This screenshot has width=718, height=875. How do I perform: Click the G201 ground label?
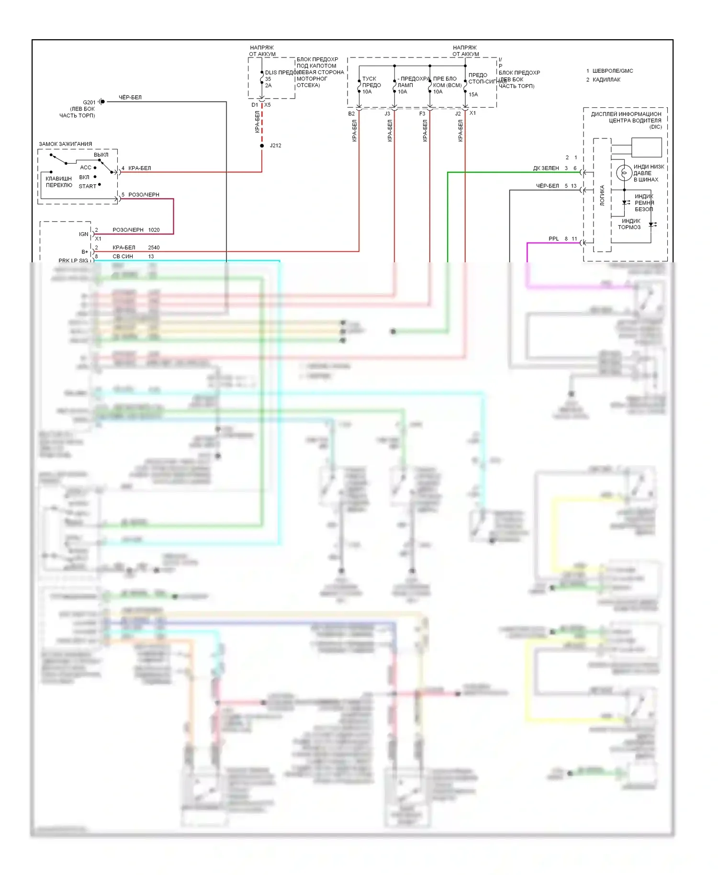pyautogui.click(x=89, y=102)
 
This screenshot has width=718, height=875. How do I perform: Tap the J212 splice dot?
pyautogui.click(x=262, y=146)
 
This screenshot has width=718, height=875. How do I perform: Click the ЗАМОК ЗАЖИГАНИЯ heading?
pyautogui.click(x=66, y=144)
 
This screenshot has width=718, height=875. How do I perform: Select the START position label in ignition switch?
pyautogui.click(x=87, y=186)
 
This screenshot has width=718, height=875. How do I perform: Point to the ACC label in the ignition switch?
pyautogui.click(x=86, y=168)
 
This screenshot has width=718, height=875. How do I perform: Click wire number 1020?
pyautogui.click(x=154, y=230)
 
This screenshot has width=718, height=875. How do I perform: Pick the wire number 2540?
pyautogui.click(x=154, y=247)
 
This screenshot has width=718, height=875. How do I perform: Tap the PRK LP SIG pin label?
pyautogui.click(x=73, y=260)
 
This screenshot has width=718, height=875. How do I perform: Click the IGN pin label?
pyautogui.click(x=83, y=234)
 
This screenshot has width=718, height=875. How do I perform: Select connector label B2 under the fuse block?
pyautogui.click(x=351, y=114)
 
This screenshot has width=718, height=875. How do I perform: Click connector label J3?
pyautogui.click(x=387, y=114)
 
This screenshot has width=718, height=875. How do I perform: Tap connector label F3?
pyautogui.click(x=422, y=114)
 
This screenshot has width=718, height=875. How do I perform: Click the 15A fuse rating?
pyautogui.click(x=473, y=95)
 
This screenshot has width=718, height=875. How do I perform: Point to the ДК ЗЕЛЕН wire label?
pyautogui.click(x=546, y=168)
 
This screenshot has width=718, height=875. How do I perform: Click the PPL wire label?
pyautogui.click(x=553, y=239)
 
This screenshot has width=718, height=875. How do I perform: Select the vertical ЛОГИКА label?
pyautogui.click(x=602, y=195)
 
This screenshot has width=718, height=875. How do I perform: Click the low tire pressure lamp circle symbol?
pyautogui.click(x=624, y=172)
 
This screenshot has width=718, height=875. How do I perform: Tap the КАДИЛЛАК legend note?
pyautogui.click(x=606, y=80)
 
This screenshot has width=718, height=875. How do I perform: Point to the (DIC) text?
pyautogui.click(x=655, y=127)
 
